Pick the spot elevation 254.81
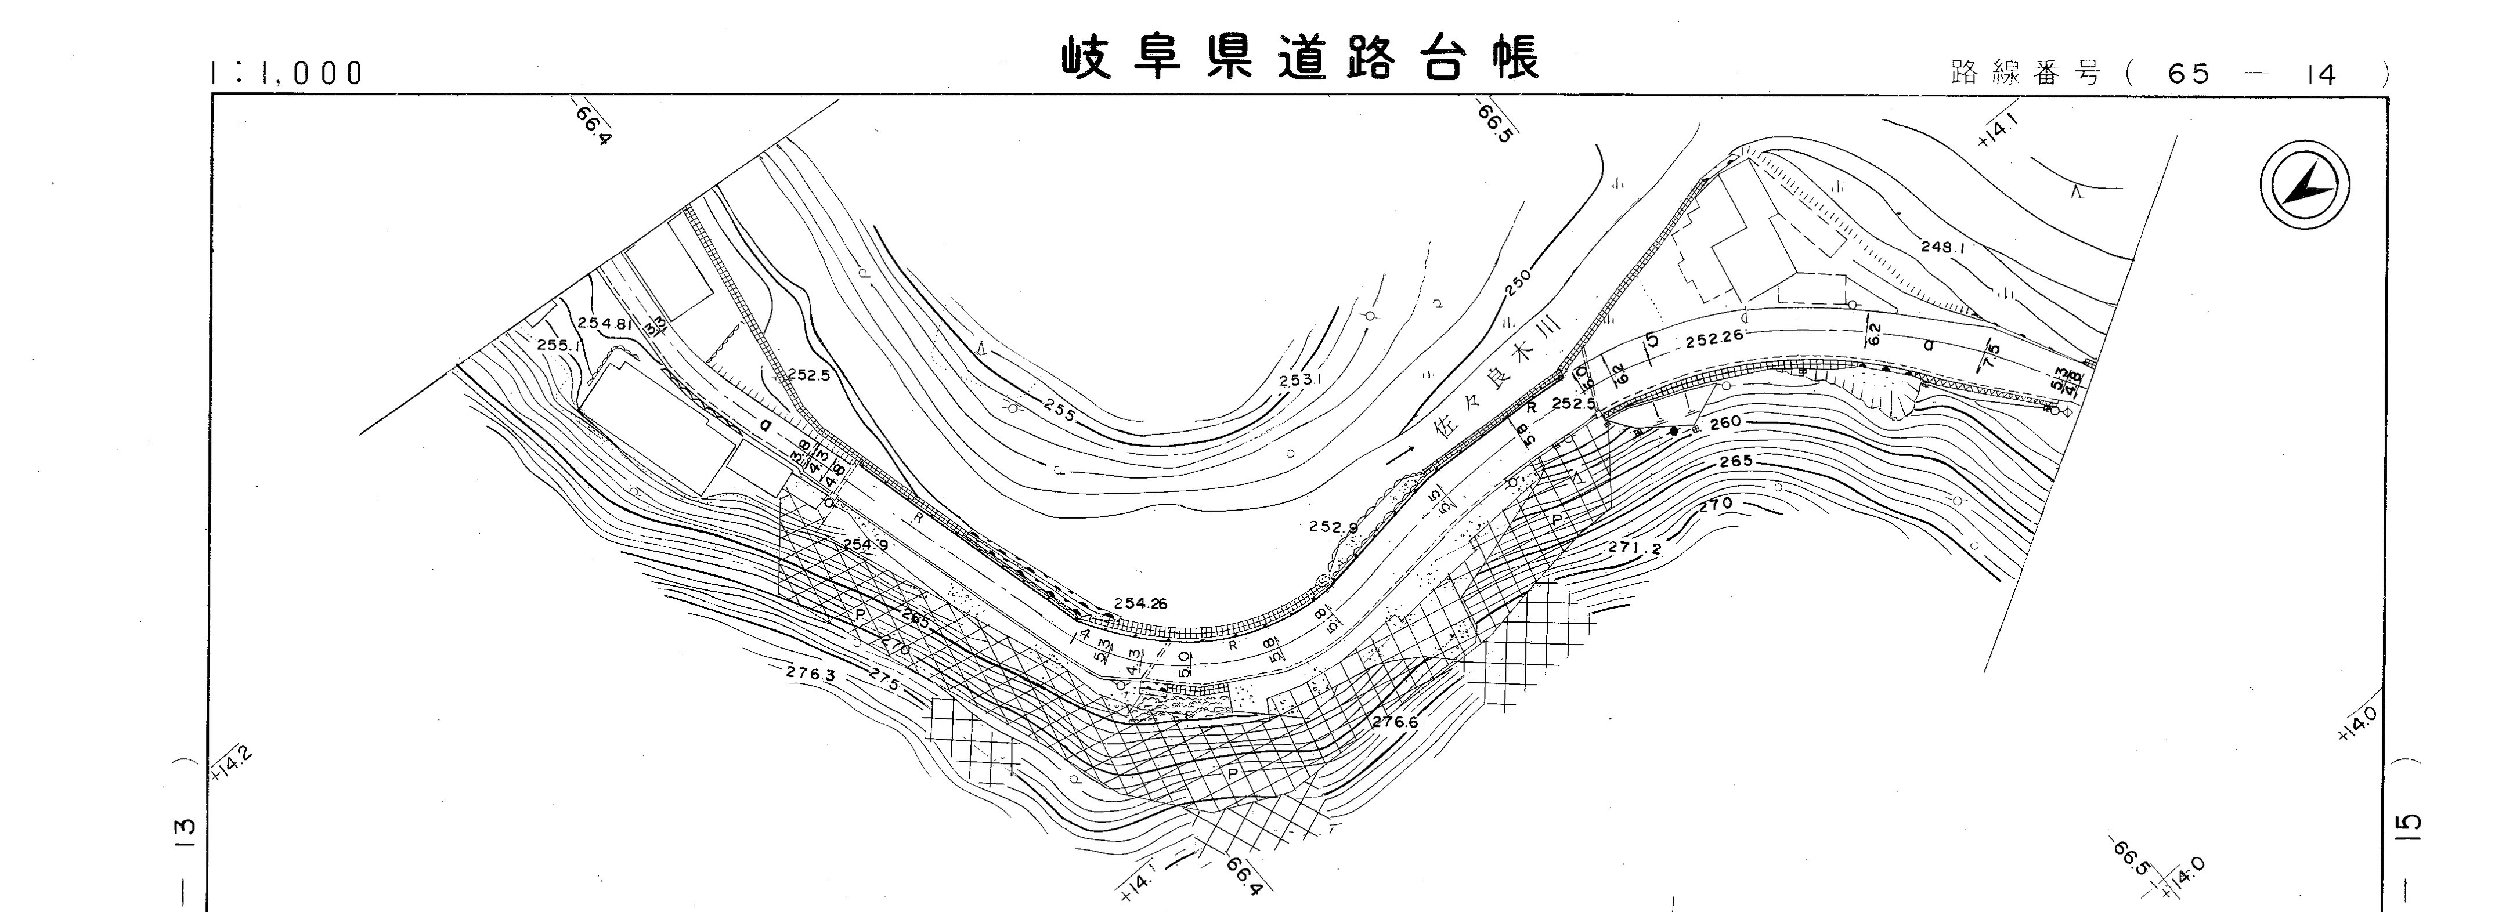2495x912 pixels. point(604,323)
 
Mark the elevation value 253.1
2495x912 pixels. point(1301,381)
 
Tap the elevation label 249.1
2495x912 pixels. point(1943,248)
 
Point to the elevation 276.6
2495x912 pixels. point(1395,721)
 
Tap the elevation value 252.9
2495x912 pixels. point(1334,527)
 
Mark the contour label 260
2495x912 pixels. point(1725,422)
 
